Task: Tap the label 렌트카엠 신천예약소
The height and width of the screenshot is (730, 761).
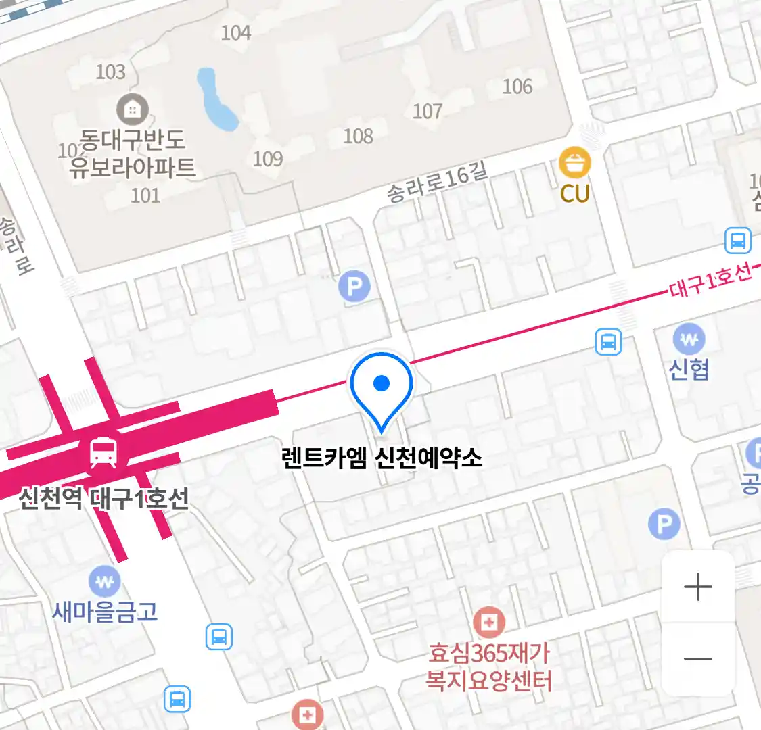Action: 382,458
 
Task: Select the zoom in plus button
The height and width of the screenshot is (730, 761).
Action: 697,587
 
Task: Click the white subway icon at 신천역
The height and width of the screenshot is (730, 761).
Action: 103,452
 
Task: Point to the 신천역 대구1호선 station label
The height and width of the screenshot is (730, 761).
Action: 103,499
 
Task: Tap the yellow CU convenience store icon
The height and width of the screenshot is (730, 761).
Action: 574,164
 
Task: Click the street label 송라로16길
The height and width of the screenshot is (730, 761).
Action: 437,182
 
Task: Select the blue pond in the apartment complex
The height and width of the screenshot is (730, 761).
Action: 216,100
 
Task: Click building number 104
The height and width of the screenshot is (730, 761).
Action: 235,32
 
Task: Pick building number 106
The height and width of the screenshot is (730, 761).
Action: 517,87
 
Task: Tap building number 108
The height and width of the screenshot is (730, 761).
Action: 358,136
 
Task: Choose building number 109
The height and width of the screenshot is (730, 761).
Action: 267,159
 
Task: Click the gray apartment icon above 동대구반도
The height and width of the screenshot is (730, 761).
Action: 132,109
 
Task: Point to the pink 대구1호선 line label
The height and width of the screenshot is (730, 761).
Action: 710,280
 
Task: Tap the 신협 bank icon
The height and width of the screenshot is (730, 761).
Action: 689,339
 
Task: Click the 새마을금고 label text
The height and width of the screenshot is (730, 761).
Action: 105,612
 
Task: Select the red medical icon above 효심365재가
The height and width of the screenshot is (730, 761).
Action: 488,622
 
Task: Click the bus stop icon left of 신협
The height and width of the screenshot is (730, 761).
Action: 607,342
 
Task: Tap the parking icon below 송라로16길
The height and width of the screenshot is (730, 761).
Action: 354,287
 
